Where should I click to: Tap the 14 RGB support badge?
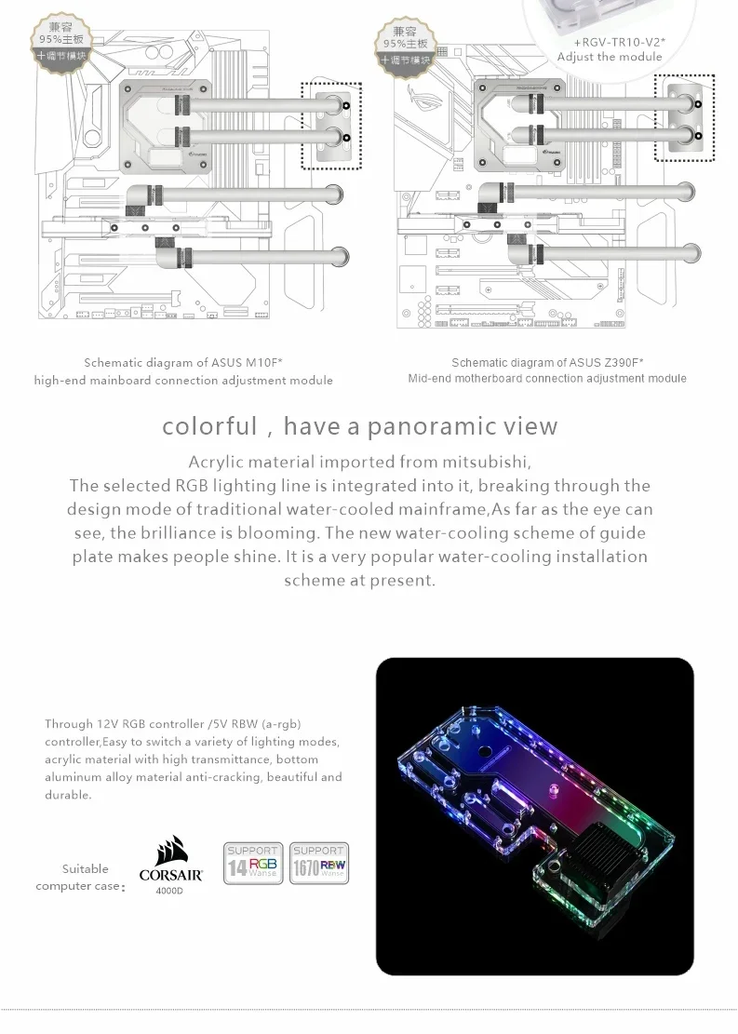pyautogui.click(x=253, y=864)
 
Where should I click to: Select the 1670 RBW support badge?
pyautogui.click(x=318, y=864)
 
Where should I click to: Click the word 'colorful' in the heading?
pyautogui.click(x=208, y=426)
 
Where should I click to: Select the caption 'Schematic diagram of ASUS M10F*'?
pyautogui.click(x=183, y=363)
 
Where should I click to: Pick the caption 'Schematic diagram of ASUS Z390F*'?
pyautogui.click(x=547, y=363)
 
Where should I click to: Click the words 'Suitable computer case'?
pyautogui.click(x=78, y=877)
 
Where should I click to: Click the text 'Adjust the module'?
pyautogui.click(x=610, y=58)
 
